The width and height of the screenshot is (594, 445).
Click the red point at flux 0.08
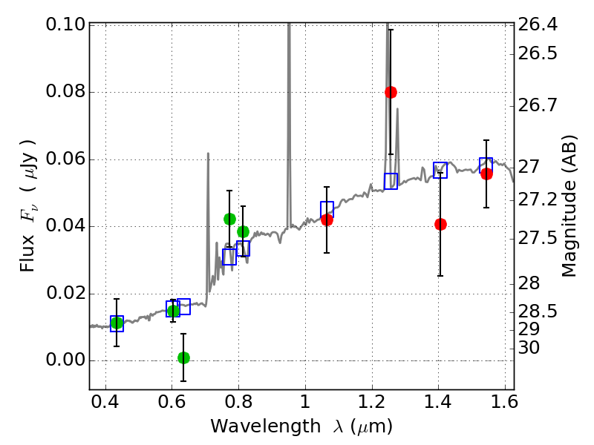[x=391, y=92]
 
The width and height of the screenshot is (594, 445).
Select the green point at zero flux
[x=183, y=357]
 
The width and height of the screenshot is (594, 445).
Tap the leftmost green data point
[x=117, y=323]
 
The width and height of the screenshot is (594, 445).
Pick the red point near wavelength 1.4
[x=440, y=225]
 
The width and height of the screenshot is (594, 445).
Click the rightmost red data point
[x=486, y=174]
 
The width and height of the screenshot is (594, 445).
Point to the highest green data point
[x=229, y=219]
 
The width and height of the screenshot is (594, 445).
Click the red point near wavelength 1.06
[x=327, y=220]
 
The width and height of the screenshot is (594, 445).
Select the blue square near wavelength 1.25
[x=391, y=181]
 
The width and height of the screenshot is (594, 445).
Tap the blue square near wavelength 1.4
[x=440, y=170]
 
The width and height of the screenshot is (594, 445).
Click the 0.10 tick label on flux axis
[x=65, y=24]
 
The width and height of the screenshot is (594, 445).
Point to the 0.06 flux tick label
[x=65, y=159]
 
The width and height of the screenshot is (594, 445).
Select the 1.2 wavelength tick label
[x=372, y=402]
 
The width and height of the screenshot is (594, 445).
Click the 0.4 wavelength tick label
[x=105, y=402]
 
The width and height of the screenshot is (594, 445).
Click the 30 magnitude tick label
[x=529, y=347]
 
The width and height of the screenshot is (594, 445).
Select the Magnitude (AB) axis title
[x=569, y=206]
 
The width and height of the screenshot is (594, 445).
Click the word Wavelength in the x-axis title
[x=266, y=426]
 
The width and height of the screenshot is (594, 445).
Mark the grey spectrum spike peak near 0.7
[x=208, y=154]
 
